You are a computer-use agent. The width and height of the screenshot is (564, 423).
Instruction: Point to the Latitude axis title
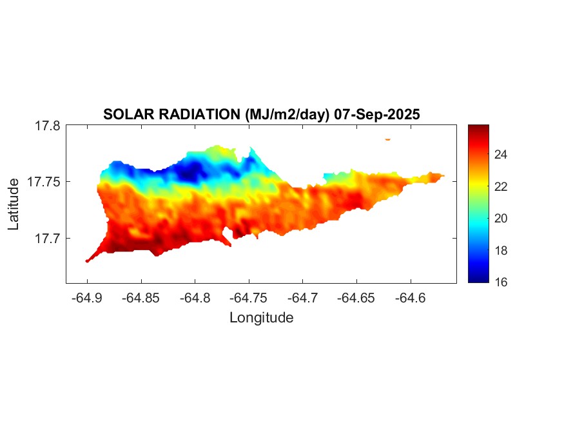pyautogui.click(x=14, y=204)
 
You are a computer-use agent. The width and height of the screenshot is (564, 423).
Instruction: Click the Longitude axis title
pyautogui.click(x=261, y=317)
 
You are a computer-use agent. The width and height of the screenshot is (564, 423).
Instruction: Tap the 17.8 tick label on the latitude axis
pyautogui.click(x=47, y=126)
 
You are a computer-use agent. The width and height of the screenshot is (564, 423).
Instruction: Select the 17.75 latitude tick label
pyautogui.click(x=44, y=182)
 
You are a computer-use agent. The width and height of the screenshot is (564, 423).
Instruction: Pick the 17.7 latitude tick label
pyautogui.click(x=47, y=238)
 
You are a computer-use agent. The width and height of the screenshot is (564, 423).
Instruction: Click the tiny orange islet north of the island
pyautogui.click(x=388, y=139)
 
